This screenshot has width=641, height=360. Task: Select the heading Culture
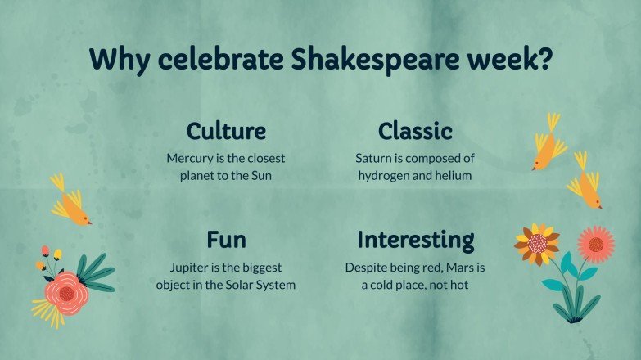(226, 131)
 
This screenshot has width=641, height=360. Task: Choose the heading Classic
(415, 131)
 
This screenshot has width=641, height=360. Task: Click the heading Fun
(226, 241)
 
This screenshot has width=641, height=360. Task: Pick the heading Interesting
(415, 241)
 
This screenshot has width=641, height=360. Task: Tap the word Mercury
(190, 158)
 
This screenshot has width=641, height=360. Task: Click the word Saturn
(374, 158)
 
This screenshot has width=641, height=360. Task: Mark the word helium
(454, 175)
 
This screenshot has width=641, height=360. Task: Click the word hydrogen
(385, 175)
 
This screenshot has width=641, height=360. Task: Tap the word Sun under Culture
(262, 175)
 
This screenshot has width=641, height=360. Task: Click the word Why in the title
(115, 60)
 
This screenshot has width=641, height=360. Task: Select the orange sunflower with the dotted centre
(537, 243)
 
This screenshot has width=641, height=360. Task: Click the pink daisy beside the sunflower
(595, 244)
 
